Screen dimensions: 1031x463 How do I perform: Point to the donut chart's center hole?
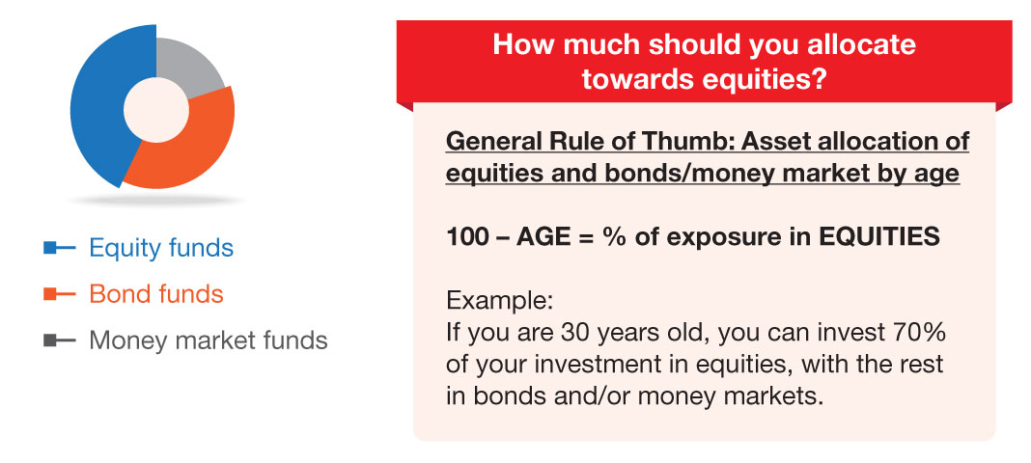point(155,109)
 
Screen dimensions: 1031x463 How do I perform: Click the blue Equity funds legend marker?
point(60,248)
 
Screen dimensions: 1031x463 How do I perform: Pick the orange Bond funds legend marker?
point(60,294)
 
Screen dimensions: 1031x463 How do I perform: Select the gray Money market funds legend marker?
point(60,340)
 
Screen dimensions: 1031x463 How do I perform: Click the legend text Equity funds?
point(161,248)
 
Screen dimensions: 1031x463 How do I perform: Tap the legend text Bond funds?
point(156,294)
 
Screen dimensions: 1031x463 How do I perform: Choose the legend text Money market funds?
point(209,340)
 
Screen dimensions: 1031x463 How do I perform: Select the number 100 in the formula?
point(467,237)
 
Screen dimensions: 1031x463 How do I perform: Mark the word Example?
point(499,302)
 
